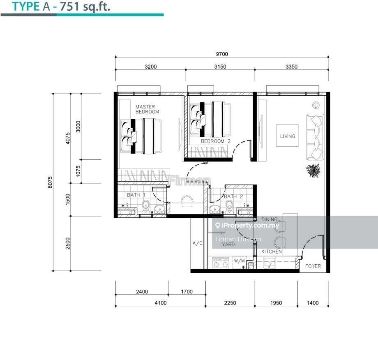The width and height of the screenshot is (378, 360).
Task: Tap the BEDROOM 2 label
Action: (x=216, y=141)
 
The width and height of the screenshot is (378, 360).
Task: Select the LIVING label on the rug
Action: (x=288, y=136)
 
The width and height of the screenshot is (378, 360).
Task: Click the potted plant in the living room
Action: (x=313, y=170)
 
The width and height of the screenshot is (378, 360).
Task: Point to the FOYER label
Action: (x=313, y=266)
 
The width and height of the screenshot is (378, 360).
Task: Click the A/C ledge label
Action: (x=198, y=243)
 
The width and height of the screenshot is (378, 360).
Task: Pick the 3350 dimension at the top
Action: (x=291, y=67)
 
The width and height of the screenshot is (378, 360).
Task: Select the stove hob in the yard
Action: (x=220, y=262)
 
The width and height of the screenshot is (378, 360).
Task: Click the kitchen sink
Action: (x=270, y=262)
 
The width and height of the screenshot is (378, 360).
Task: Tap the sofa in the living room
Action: (x=316, y=137)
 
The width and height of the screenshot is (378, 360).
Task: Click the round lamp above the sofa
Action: (x=316, y=104)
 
